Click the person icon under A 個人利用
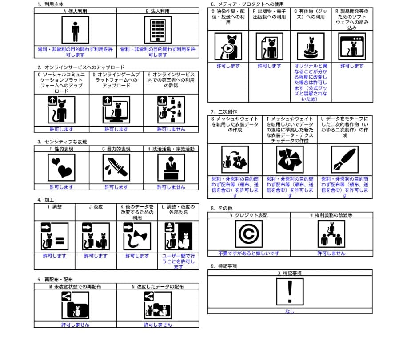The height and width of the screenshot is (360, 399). click(75, 30)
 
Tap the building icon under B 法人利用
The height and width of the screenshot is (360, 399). click(158, 30)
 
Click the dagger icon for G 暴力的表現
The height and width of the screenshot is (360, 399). click(116, 168)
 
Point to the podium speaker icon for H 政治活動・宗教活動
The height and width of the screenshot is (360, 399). click(171, 168)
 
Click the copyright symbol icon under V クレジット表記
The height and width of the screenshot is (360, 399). click(249, 234)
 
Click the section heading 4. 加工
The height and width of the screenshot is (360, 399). click(45, 200)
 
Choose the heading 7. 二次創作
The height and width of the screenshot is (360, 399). click(224, 111)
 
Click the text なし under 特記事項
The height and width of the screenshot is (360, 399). click(289, 311)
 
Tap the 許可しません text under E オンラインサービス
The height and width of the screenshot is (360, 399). click(171, 129)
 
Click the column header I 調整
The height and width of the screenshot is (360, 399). click(54, 206)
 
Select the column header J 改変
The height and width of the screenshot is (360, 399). click(96, 206)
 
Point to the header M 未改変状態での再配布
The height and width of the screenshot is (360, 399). click(75, 287)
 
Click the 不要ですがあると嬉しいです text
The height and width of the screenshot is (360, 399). click(249, 253)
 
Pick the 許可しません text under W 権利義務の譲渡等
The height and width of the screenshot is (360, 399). click(331, 253)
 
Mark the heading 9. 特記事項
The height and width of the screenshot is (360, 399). click(224, 266)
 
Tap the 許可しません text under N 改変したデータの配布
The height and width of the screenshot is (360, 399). click(158, 324)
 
